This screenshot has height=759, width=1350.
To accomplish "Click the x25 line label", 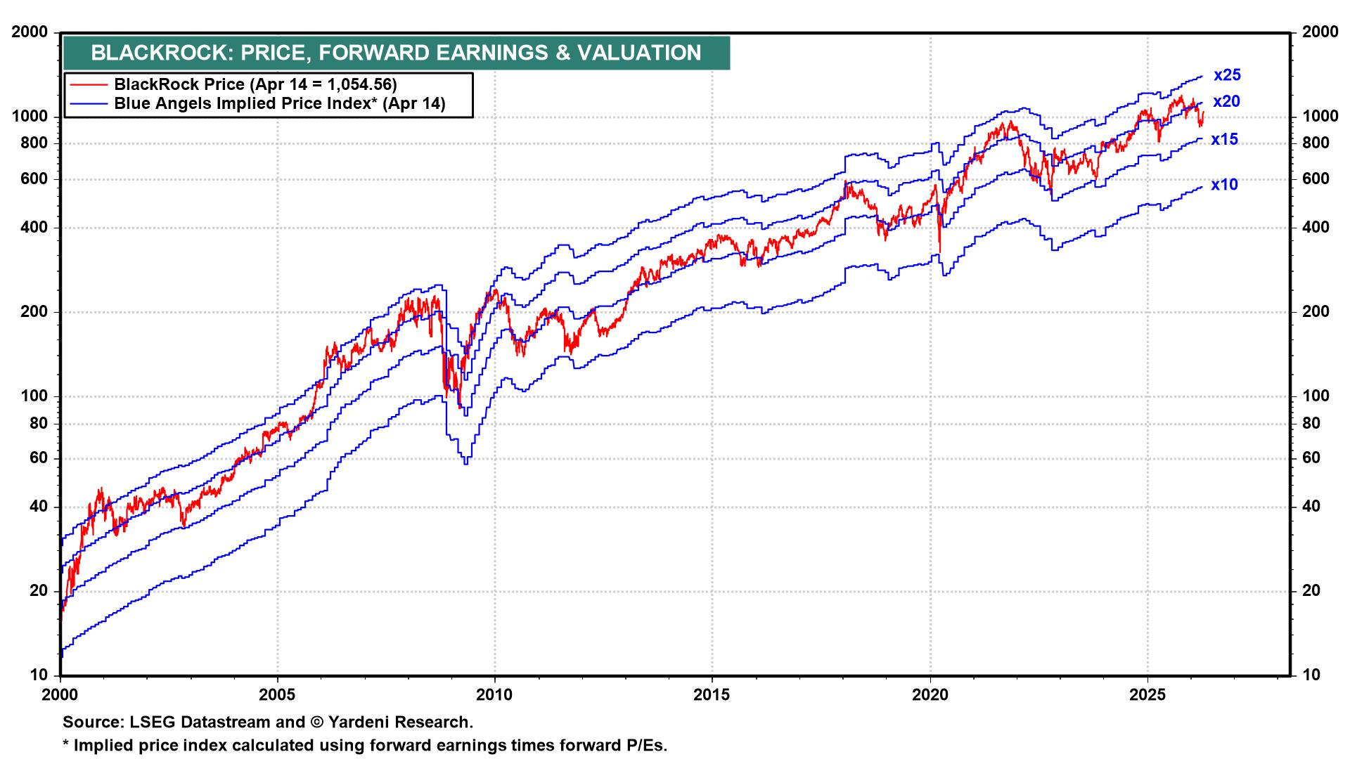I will point(1227,75).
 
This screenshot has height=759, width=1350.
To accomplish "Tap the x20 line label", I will point(1226,102).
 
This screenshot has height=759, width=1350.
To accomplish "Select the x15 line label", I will point(1224,140).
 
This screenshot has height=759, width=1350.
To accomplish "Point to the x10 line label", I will point(1224,185).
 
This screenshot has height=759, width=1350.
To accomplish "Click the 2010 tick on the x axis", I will point(495,695).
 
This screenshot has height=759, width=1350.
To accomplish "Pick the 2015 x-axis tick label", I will point(712,695).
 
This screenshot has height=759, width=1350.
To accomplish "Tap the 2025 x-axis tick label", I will point(1147,695).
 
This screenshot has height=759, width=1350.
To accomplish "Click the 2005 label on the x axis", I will point(278,695).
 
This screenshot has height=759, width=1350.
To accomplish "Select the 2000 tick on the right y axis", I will point(1319,32).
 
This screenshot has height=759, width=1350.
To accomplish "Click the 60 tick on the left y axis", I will point(40,458).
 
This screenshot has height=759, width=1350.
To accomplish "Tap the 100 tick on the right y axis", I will point(1315,396).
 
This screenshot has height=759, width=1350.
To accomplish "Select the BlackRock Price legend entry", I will point(255,84).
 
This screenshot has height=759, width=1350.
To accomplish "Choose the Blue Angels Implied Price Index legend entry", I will point(279,104).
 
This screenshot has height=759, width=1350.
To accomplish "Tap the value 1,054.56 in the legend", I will point(359,84).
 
